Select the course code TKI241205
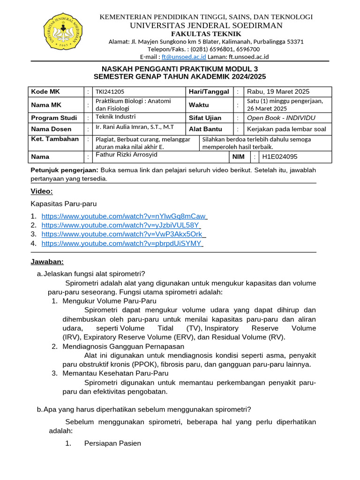point(110,92)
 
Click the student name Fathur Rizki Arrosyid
point(127,155)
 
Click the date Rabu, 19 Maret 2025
point(278,91)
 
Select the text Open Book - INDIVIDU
point(281,118)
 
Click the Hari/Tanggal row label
point(209,91)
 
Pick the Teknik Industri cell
point(115,117)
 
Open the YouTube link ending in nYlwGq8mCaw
point(124,216)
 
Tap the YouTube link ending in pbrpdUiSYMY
point(121,243)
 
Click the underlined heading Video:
point(42,191)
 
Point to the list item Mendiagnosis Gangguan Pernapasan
point(123,346)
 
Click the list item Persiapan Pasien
point(112,443)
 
